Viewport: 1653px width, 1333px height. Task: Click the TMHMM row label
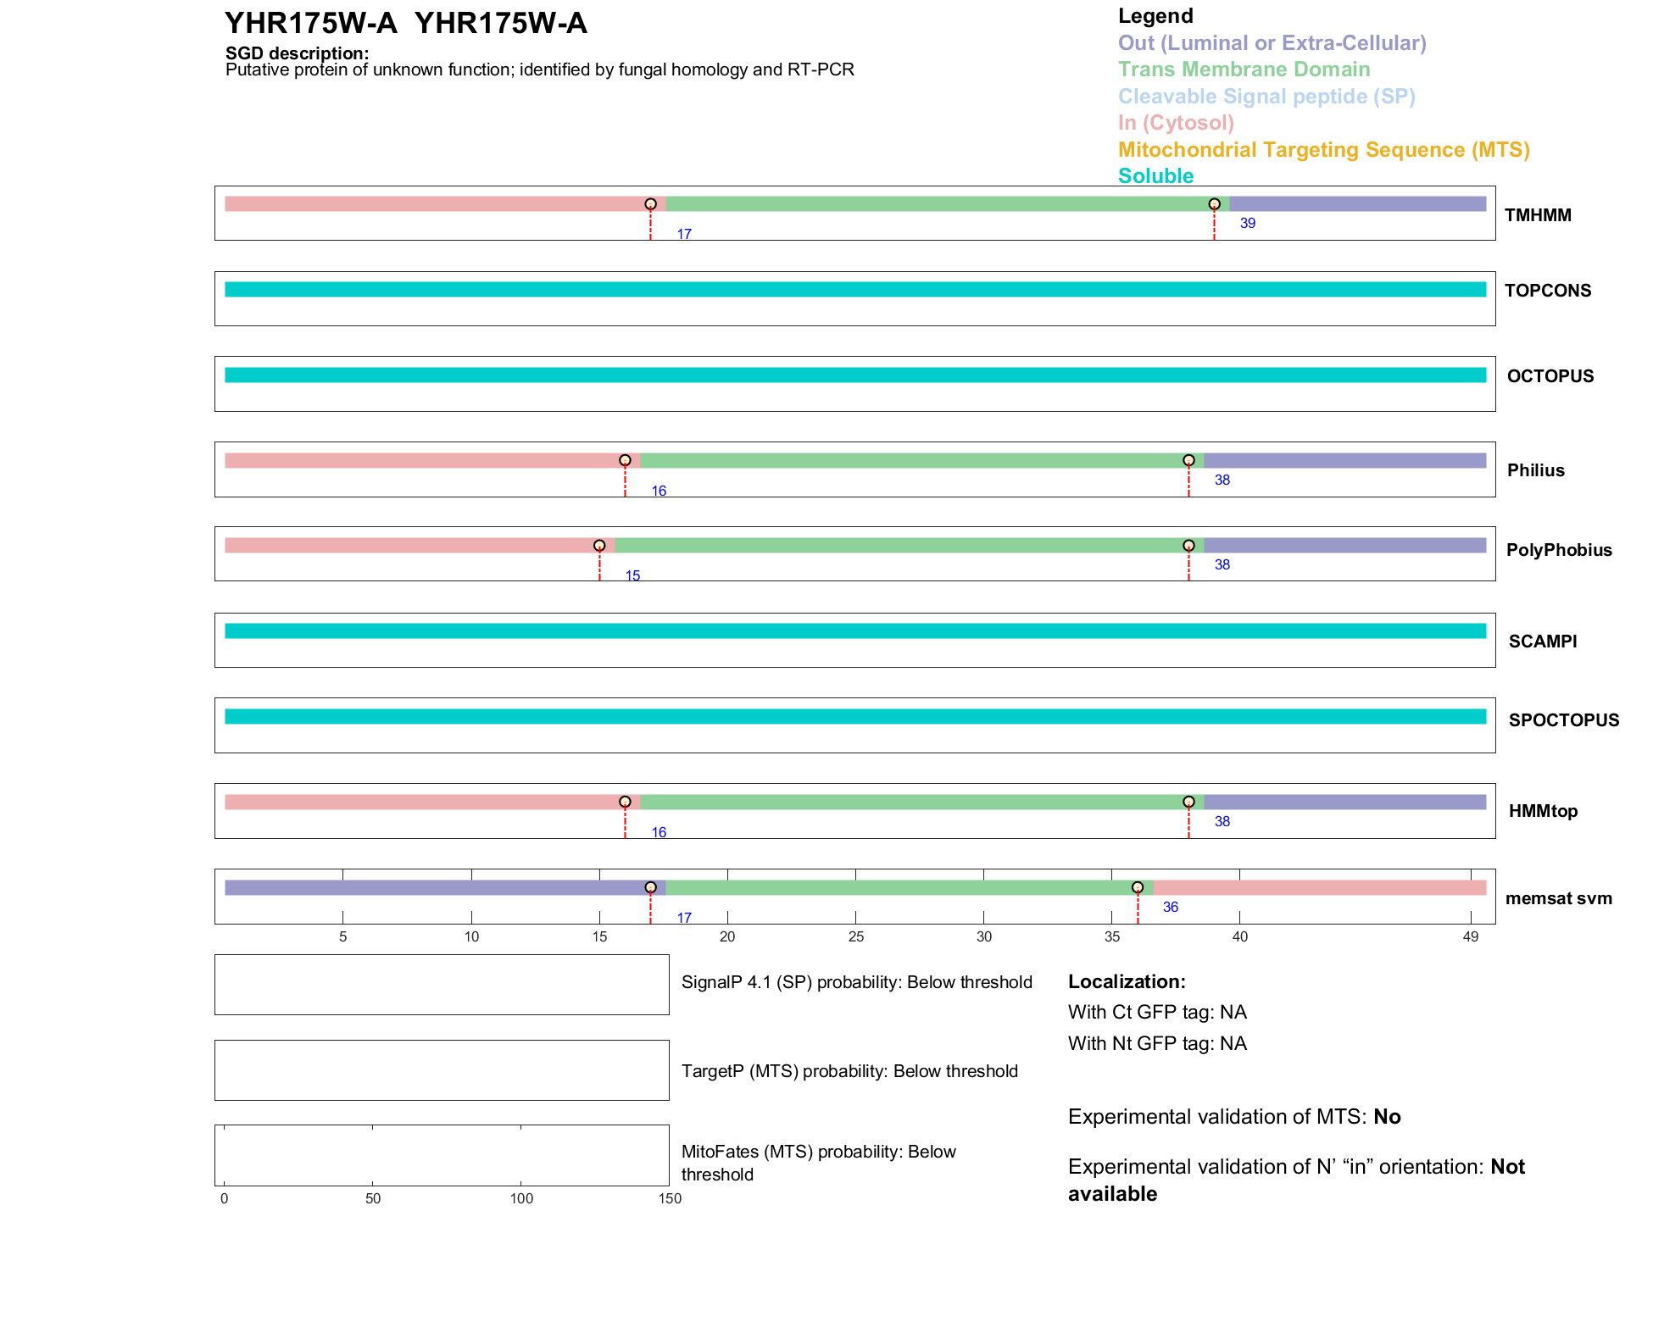click(x=1538, y=215)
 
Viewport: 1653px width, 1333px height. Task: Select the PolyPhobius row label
click(x=1559, y=550)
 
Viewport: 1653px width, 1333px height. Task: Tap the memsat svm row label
click(x=1558, y=898)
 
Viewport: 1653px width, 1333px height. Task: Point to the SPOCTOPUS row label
click(x=1563, y=720)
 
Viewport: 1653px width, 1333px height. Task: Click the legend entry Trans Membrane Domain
click(x=1244, y=69)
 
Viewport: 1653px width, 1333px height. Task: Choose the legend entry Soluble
click(x=1155, y=176)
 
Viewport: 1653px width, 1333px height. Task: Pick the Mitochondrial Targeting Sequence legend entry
click(x=1323, y=150)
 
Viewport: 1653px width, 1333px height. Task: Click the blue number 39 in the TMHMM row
click(x=1248, y=224)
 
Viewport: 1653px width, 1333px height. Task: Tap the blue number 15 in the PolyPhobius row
click(x=632, y=576)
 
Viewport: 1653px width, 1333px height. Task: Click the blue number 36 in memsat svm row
click(x=1171, y=908)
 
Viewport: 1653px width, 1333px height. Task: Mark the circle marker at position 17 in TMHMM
click(x=650, y=204)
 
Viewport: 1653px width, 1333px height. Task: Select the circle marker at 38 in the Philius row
click(x=1188, y=460)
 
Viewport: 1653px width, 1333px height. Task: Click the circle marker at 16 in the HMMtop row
click(x=625, y=802)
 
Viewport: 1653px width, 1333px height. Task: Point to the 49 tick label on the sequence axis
click(x=1471, y=936)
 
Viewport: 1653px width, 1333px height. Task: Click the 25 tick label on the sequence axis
click(x=855, y=936)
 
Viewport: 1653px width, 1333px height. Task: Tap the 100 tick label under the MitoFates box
click(x=521, y=1198)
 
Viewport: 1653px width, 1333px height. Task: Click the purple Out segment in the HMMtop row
click(x=1344, y=803)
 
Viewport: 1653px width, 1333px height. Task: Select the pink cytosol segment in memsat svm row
click(x=1319, y=888)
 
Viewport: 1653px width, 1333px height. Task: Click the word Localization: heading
click(x=1127, y=982)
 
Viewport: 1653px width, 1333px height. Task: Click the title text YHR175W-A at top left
click(x=310, y=24)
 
